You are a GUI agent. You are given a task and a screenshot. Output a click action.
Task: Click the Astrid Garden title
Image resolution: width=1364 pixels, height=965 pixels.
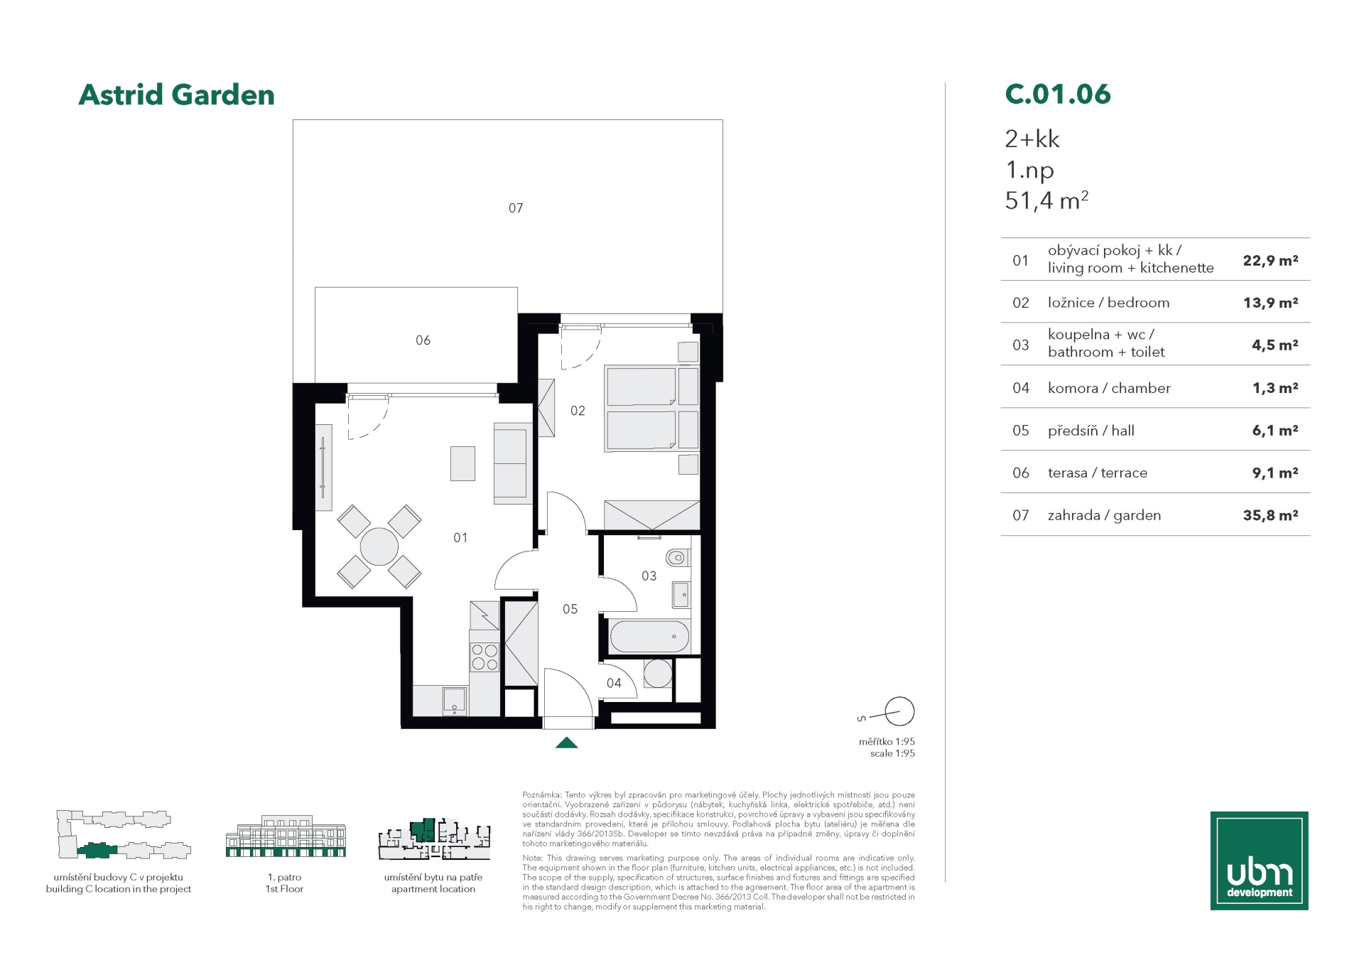176,95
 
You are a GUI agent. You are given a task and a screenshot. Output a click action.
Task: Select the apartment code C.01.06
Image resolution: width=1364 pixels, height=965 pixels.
1057,94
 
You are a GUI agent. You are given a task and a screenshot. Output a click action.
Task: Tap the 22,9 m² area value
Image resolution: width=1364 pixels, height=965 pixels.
1270,260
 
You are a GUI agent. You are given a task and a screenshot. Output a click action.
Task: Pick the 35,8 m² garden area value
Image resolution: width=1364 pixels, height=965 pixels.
1270,515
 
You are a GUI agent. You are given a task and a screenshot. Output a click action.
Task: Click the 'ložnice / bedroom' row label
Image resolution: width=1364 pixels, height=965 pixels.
1108,303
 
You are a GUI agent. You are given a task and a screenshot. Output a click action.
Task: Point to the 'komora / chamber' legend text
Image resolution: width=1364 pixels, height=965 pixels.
1109,388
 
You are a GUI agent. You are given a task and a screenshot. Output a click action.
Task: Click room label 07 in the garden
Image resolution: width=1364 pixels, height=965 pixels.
516,208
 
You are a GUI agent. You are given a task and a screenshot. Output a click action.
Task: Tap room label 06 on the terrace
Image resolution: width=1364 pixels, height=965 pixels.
423,340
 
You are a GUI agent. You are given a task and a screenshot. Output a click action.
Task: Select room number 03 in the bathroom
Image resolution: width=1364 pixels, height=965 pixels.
649,576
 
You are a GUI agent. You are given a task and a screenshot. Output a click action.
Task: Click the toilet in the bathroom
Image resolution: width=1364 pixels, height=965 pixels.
677,557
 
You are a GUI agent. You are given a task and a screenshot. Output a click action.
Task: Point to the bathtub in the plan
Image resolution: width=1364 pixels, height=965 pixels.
649,637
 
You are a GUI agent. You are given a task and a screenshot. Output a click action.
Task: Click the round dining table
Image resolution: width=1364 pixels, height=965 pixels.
379,546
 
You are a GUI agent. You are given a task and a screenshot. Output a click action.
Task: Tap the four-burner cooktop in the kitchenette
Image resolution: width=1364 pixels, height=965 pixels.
485,657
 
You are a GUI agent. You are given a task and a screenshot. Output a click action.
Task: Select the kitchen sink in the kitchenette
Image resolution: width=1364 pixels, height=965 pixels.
455,700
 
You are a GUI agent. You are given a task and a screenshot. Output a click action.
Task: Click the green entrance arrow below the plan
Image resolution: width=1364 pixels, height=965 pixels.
566,743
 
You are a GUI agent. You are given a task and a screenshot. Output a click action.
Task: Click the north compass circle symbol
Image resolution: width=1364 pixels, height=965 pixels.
899,711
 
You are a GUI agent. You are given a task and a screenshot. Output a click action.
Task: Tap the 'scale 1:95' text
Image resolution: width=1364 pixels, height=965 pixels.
892,753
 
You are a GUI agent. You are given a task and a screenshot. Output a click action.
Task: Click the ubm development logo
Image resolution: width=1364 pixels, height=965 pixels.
1259,861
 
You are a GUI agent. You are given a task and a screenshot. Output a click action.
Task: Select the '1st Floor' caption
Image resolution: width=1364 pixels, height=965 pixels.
284,889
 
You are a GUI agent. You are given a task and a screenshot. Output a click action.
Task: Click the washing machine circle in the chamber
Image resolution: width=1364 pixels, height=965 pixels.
658,674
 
